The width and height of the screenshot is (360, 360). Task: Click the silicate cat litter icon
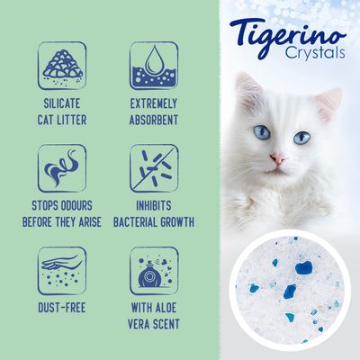coord(61,62)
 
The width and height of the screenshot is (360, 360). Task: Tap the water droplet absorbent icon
coord(152,62)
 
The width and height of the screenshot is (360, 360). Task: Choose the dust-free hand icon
coord(61,269)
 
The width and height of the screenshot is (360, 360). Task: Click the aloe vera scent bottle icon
coord(152,269)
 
